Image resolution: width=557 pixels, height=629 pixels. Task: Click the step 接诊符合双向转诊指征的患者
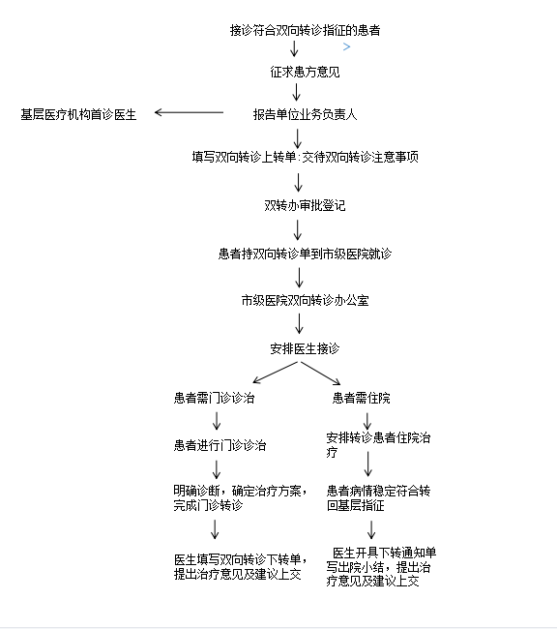[x=306, y=30]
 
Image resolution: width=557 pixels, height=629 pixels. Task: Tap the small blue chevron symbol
[x=347, y=47]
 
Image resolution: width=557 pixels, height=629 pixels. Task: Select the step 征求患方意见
[x=305, y=72]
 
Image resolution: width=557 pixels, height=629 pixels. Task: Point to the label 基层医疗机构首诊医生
[x=78, y=115]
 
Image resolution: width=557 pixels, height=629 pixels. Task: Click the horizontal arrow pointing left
[x=189, y=112]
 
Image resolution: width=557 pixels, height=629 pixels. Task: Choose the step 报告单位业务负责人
[x=305, y=115]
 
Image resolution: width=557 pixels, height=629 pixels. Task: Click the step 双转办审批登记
[x=305, y=205]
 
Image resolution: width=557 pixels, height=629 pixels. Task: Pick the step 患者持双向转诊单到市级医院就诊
[x=305, y=254]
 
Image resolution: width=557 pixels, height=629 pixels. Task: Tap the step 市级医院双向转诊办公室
[x=305, y=300]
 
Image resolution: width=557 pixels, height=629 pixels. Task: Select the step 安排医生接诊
[x=305, y=348]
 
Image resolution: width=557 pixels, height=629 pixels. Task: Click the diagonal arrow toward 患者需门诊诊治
[x=275, y=373]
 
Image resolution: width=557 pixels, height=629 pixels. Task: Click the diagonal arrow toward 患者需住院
[x=321, y=374]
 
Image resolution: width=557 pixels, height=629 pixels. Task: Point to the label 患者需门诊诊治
[x=214, y=398]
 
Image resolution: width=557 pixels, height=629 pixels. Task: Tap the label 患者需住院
[x=362, y=398]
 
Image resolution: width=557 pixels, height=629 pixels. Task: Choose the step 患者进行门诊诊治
[x=220, y=445]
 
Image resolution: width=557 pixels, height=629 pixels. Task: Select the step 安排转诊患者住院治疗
[x=378, y=444]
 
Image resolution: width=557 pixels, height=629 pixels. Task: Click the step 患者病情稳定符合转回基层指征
[x=378, y=497]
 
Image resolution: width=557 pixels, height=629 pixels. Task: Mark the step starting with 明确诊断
[x=241, y=497]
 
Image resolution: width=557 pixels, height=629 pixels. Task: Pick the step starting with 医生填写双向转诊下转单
[x=241, y=567]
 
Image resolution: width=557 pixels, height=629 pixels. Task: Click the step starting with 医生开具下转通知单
[x=381, y=567]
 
